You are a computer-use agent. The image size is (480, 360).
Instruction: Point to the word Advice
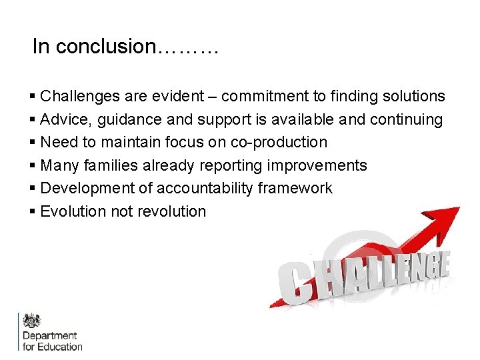(x=63, y=120)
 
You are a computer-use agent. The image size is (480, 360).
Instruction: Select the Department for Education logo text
(x=52, y=341)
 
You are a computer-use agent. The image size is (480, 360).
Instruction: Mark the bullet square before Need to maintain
(x=33, y=143)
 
